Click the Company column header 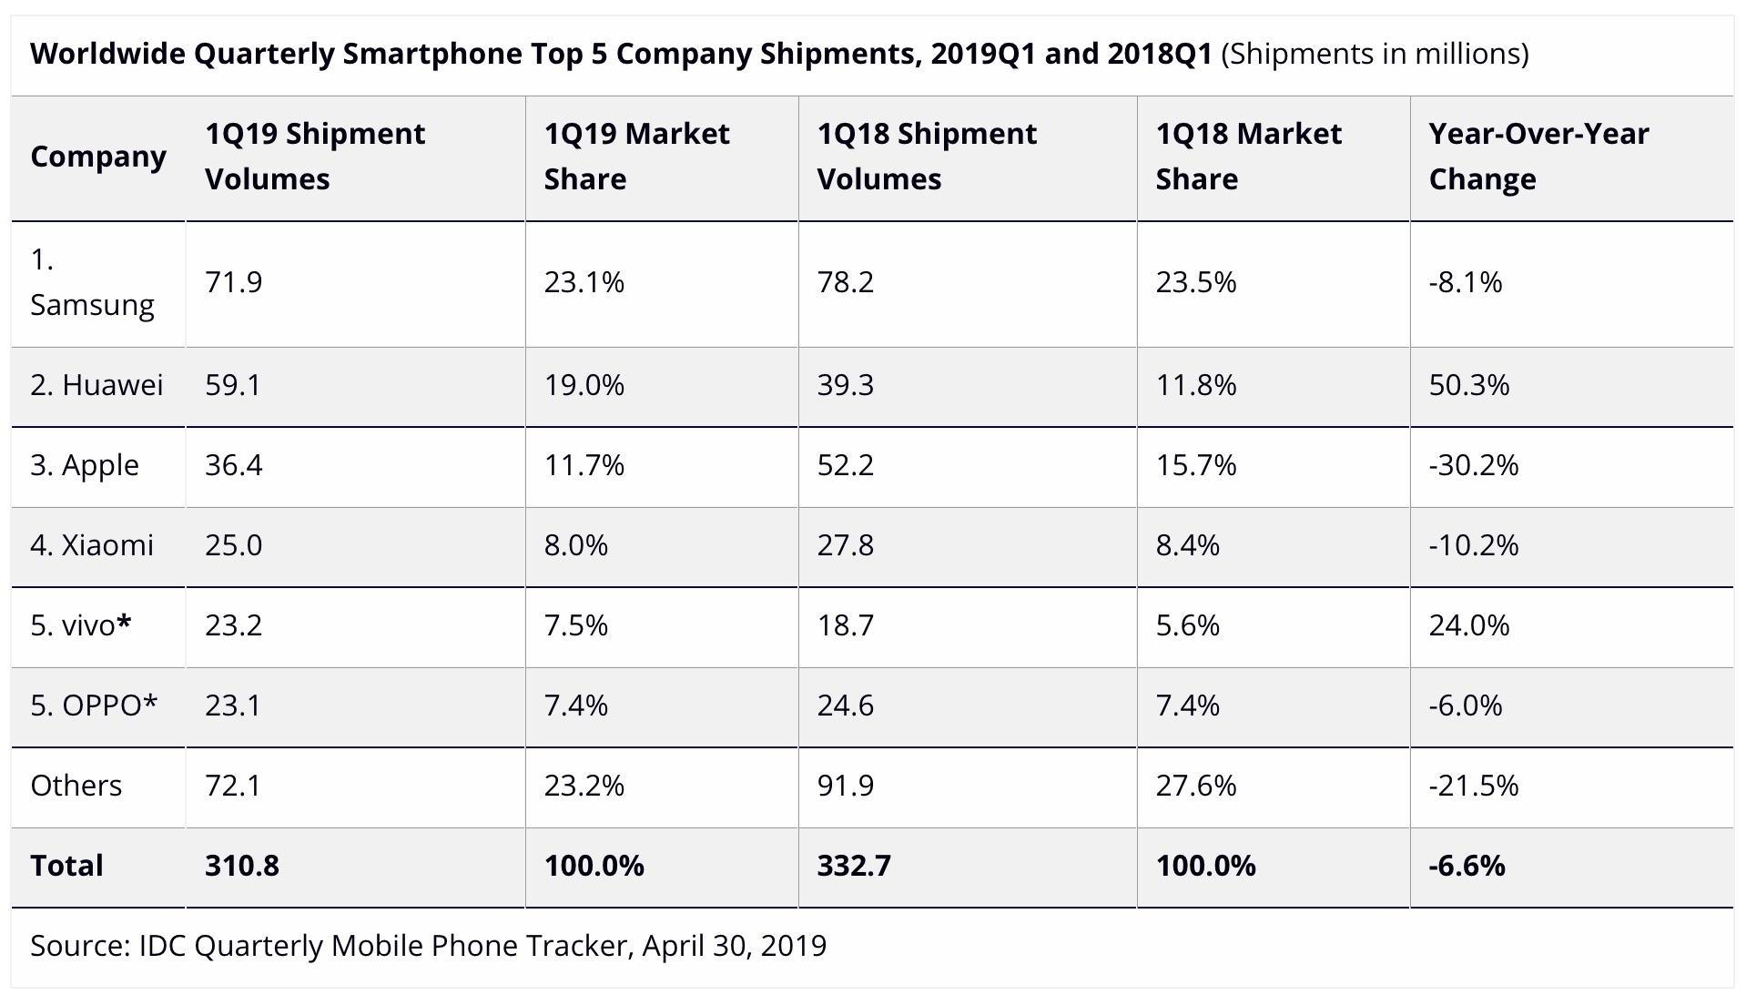(98, 157)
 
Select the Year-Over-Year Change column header (1538, 157)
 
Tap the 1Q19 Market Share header (636, 157)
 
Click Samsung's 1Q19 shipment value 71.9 (234, 282)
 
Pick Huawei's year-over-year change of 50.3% (1468, 385)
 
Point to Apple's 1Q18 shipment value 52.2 (845, 465)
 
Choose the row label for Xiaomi (92, 545)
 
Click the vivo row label (81, 625)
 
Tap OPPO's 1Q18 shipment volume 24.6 (845, 706)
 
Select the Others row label (76, 786)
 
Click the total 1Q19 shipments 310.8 (241, 866)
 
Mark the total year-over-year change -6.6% (1466, 866)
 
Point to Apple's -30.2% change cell (1473, 465)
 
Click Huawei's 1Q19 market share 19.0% (584, 385)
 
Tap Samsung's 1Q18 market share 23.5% (1195, 282)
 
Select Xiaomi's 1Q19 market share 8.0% (575, 545)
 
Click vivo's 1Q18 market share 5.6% (1187, 625)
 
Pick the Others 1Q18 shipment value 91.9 (845, 786)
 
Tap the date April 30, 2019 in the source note (734, 946)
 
